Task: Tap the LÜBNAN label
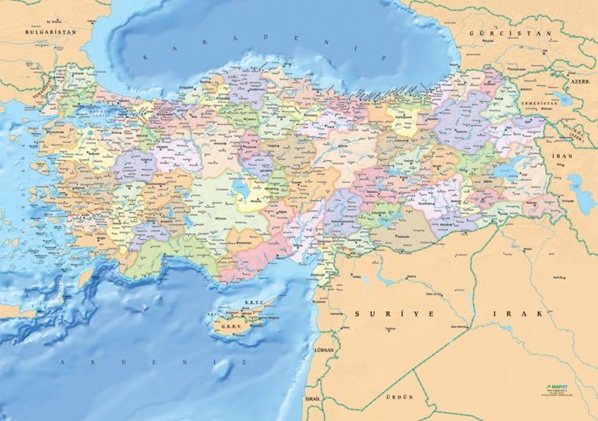click(x=324, y=350)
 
